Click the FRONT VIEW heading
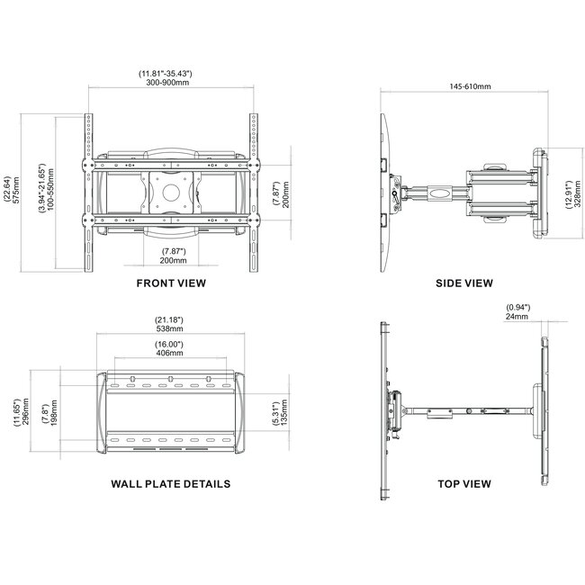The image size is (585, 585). [171, 283]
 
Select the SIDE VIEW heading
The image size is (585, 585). [463, 283]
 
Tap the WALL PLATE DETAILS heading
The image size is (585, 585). [171, 483]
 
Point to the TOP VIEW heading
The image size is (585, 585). [463, 483]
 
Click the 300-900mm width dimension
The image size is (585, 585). [170, 81]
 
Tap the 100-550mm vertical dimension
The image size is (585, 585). [53, 189]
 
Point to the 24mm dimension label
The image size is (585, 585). [517, 316]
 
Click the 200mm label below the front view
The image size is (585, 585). [174, 260]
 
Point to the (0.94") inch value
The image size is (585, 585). [517, 307]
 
